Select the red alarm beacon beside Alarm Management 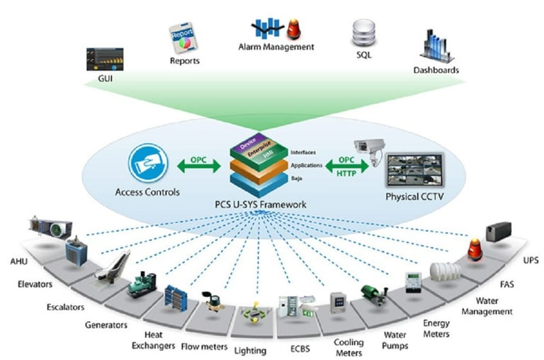[x=293, y=29]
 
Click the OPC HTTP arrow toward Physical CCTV [x=347, y=164]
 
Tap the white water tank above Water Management [x=444, y=271]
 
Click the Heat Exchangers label [x=152, y=339]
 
